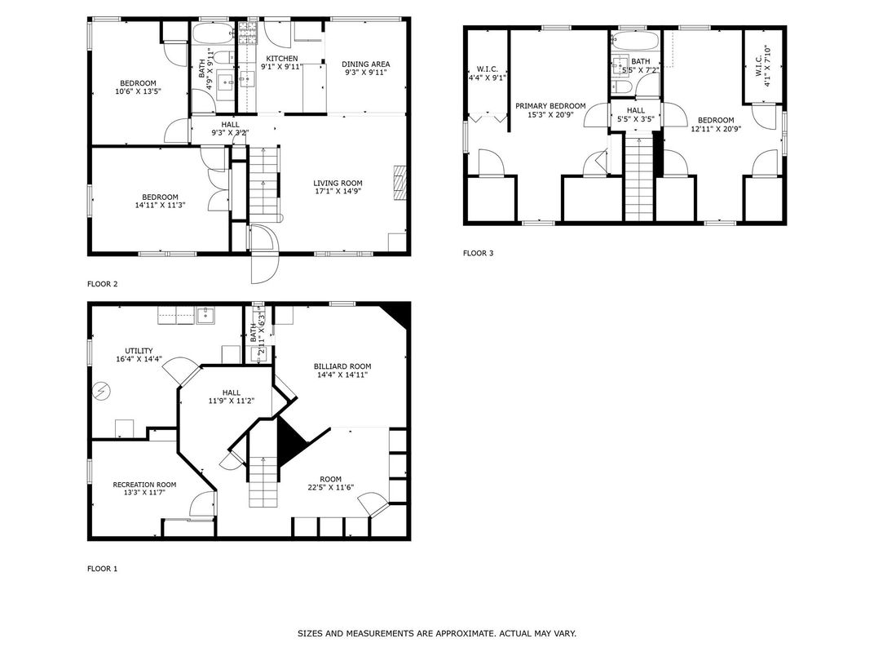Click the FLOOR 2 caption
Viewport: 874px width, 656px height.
pos(103,284)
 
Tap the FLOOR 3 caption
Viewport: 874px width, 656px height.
pos(479,253)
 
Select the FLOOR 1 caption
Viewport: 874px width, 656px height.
pos(103,569)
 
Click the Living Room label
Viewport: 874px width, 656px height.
pos(338,183)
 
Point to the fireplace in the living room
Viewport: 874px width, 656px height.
pos(400,182)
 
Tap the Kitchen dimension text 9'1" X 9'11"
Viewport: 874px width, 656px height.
pos(282,66)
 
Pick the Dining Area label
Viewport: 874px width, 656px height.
pos(365,64)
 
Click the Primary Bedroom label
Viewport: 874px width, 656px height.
pos(550,106)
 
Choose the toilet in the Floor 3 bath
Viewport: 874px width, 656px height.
pos(621,87)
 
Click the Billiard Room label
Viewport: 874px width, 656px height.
pos(342,366)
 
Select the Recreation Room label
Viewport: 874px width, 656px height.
pos(144,485)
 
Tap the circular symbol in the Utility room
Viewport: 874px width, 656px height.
pos(101,391)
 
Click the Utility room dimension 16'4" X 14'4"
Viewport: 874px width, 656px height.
pos(139,359)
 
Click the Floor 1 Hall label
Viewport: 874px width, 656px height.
pos(232,392)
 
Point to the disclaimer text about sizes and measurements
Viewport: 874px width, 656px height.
pos(436,634)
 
